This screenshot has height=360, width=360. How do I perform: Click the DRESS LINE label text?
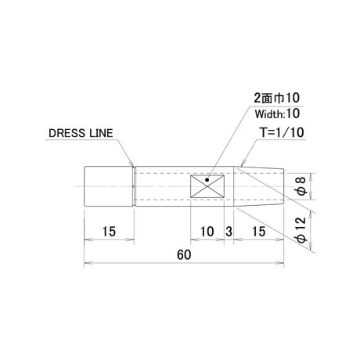pos(81,133)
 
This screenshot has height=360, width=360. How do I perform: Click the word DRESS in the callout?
pos(67,133)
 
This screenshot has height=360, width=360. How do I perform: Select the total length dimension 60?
pos(184,255)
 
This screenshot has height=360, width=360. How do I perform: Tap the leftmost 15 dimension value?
pos(109,232)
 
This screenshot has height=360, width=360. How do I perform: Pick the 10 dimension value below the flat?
pos(207,232)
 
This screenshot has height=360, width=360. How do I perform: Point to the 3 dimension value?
pos(229,232)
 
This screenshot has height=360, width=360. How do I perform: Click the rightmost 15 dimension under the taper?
pos(258,232)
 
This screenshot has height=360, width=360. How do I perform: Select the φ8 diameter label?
pos(301,185)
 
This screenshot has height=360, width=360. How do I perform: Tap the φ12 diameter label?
pos(301,229)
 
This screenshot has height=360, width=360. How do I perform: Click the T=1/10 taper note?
pos(283,132)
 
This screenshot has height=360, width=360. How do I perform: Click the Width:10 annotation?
pos(277,114)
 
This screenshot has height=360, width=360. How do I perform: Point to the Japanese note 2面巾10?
pos(277,98)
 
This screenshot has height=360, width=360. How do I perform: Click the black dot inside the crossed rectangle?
pos(207,180)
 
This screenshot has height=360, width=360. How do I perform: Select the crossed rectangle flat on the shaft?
pos(207,186)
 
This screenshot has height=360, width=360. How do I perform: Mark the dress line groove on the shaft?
pos(134,186)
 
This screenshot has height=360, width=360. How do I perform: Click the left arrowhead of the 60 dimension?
pos(88,262)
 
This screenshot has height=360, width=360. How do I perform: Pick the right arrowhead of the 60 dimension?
pos(280,262)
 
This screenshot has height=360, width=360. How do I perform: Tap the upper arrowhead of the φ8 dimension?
pos(311,177)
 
